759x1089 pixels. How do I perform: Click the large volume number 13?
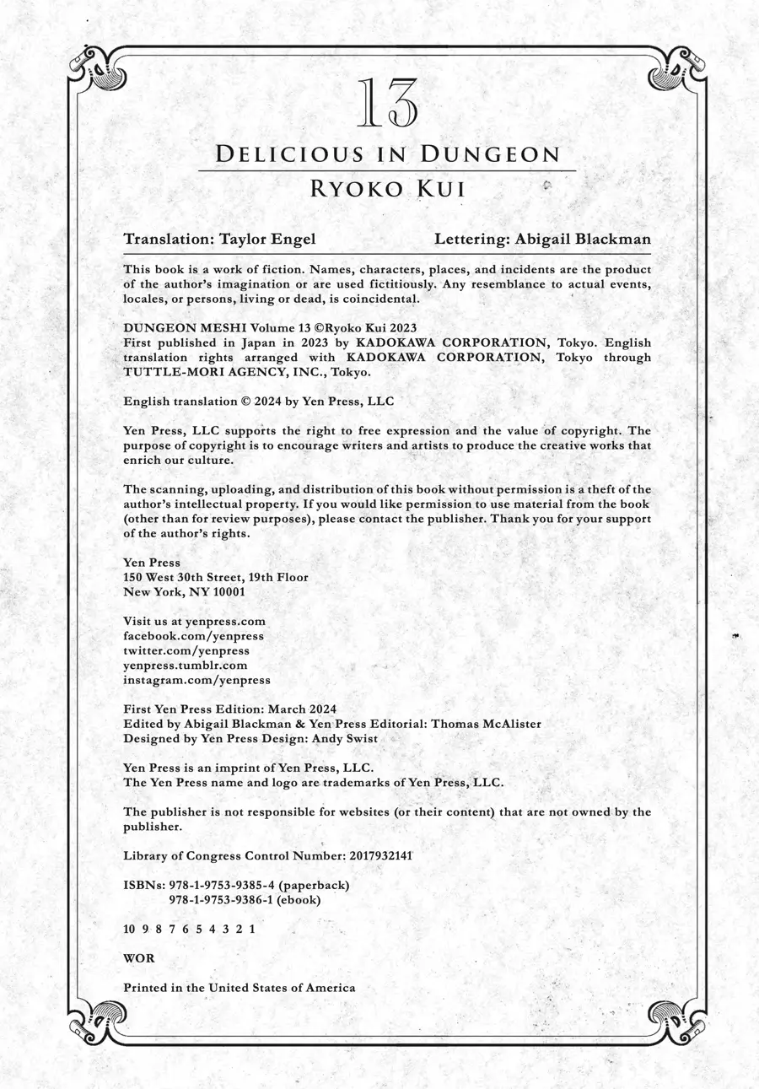click(388, 104)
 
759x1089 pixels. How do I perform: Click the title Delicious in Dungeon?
click(388, 154)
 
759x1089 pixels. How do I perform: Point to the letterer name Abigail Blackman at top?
click(580, 239)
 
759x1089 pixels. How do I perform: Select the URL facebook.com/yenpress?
click(193, 636)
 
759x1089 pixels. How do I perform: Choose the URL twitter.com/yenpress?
click(186, 650)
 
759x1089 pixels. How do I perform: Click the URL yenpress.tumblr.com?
click(186, 665)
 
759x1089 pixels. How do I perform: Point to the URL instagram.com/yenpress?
click(196, 679)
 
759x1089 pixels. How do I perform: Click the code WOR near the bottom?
click(138, 958)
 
